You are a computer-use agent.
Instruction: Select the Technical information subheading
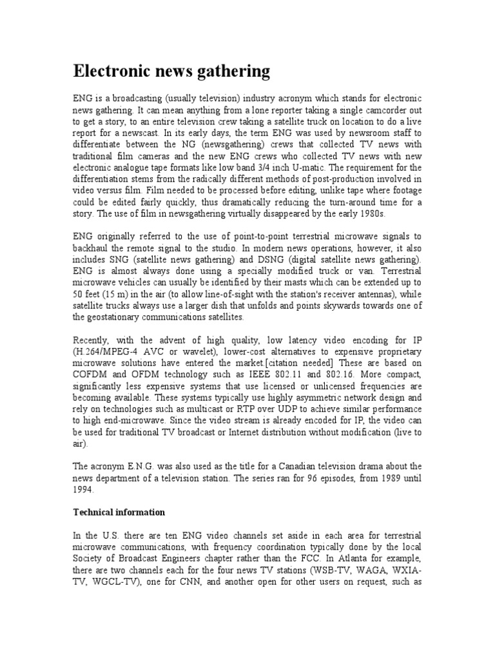click(x=119, y=512)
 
